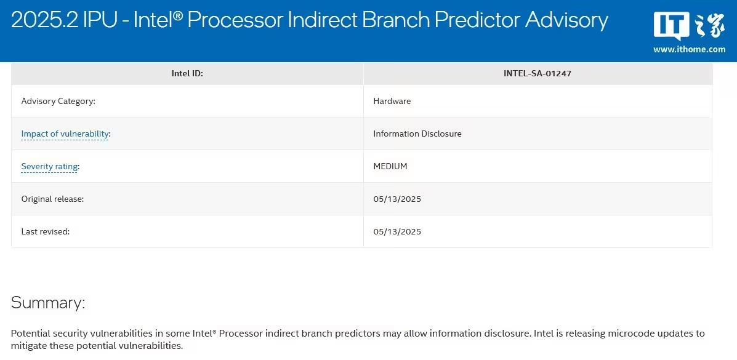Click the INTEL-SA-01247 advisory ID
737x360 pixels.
[538, 73]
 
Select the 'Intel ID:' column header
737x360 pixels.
[187, 73]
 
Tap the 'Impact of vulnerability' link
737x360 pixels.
[65, 134]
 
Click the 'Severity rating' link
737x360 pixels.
[49, 166]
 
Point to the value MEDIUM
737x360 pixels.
[390, 166]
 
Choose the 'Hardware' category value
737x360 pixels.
[392, 101]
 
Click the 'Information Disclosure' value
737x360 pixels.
[417, 134]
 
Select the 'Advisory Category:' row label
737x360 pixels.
[58, 101]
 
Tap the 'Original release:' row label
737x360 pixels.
[53, 199]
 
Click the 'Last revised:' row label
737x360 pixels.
[46, 231]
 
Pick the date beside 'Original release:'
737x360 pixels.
[397, 199]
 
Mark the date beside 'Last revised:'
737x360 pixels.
[397, 231]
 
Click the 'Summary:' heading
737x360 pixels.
[48, 303]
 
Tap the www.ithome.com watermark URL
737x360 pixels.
[689, 49]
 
